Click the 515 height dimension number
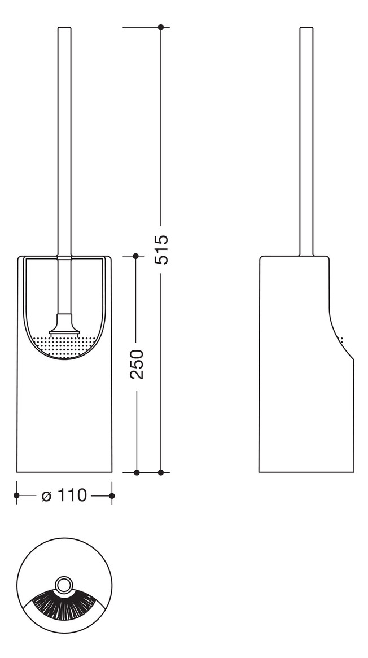(161, 249)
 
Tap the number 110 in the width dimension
(72, 495)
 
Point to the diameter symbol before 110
(47, 496)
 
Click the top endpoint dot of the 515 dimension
(161, 27)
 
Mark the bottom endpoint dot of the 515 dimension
(161, 472)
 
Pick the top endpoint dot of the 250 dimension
(135, 256)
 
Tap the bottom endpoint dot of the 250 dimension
(135, 472)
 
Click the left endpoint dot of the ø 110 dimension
(16, 495)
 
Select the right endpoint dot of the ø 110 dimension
(112, 495)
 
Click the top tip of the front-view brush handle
(64, 28)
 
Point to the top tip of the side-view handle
(306, 28)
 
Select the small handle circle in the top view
(64, 584)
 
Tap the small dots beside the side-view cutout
(341, 340)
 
